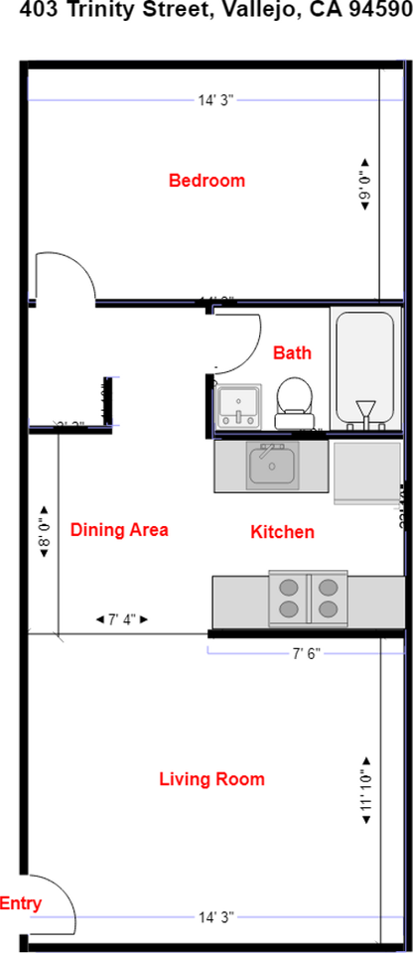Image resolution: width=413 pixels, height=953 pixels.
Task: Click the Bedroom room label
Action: tap(206, 181)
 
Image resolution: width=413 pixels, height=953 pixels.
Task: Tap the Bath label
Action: tap(292, 352)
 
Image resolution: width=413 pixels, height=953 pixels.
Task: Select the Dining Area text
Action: tap(119, 530)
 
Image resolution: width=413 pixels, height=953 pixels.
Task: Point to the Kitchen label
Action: tap(282, 532)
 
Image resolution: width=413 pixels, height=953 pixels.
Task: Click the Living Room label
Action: tap(211, 779)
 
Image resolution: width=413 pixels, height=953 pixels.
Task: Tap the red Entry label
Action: tap(21, 903)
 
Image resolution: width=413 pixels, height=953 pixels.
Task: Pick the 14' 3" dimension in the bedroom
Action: tap(215, 99)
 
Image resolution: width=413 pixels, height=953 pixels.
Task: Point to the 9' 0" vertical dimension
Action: tap(364, 182)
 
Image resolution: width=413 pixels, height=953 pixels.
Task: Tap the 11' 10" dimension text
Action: tap(365, 795)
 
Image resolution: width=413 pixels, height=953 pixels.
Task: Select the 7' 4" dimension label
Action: tap(121, 619)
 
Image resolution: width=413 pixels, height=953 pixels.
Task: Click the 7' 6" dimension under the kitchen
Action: tap(304, 653)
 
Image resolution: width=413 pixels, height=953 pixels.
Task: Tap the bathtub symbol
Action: tap(365, 370)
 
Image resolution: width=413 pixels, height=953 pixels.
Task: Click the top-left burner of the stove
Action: tap(289, 587)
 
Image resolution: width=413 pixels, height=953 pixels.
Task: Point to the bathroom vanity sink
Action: tap(238, 405)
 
